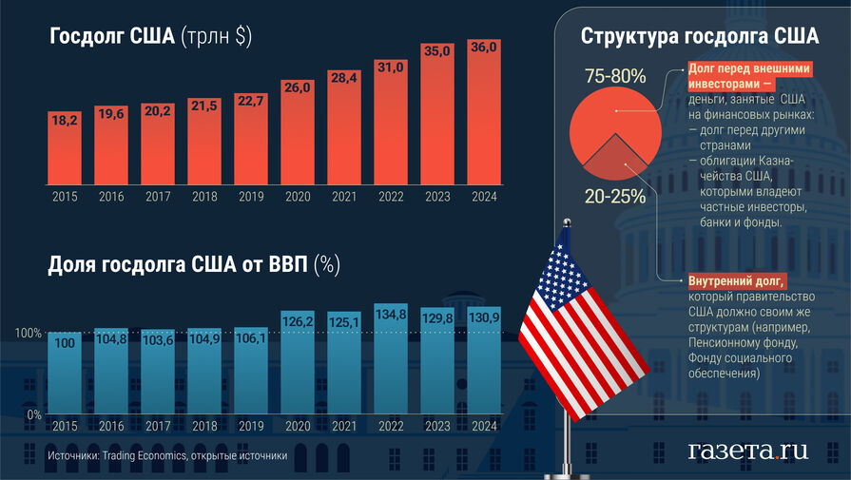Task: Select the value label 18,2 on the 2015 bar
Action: coord(64,121)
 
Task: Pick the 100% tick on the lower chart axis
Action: coord(27,334)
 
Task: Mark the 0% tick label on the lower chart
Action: coord(31,415)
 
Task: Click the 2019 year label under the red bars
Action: coord(250,197)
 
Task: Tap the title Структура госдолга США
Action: coord(699,38)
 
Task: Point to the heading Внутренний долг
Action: coord(736,281)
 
